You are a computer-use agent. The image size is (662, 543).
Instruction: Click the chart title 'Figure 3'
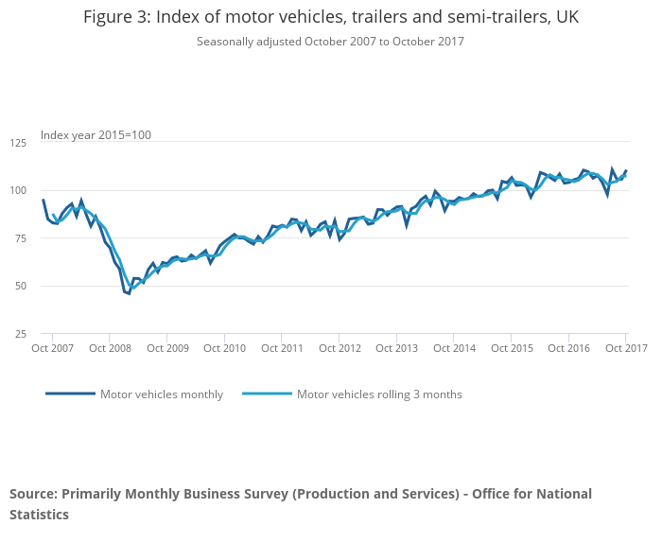pos(330,17)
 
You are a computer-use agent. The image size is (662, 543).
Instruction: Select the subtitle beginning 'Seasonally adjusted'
pos(330,42)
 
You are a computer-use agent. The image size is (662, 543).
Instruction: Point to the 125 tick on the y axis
pos(18,143)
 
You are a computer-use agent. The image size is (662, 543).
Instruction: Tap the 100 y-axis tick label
pos(18,190)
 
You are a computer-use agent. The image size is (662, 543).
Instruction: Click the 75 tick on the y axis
pos(20,238)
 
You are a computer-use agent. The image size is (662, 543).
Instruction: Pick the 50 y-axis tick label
pos(20,286)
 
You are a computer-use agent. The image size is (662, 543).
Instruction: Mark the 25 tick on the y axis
pos(20,334)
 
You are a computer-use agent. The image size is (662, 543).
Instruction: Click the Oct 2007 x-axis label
pos(52,349)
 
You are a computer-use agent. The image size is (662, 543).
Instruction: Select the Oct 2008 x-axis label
pos(110,349)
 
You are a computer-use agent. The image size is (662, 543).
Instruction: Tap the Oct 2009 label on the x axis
pos(166,349)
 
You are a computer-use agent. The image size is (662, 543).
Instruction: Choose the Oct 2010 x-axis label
pos(224,349)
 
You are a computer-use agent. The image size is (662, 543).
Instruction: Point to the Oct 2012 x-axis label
pos(339,349)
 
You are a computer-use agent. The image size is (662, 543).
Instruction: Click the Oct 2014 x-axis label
pos(453,349)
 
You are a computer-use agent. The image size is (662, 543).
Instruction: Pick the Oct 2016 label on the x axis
pos(568,349)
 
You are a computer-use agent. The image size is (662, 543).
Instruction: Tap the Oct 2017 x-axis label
pos(626,349)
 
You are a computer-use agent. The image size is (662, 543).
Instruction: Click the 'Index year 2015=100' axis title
pos(96,135)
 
